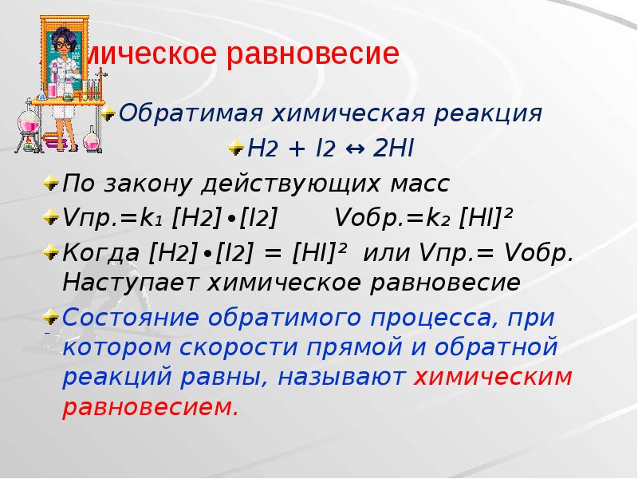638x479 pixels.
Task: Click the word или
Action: coord(386,253)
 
